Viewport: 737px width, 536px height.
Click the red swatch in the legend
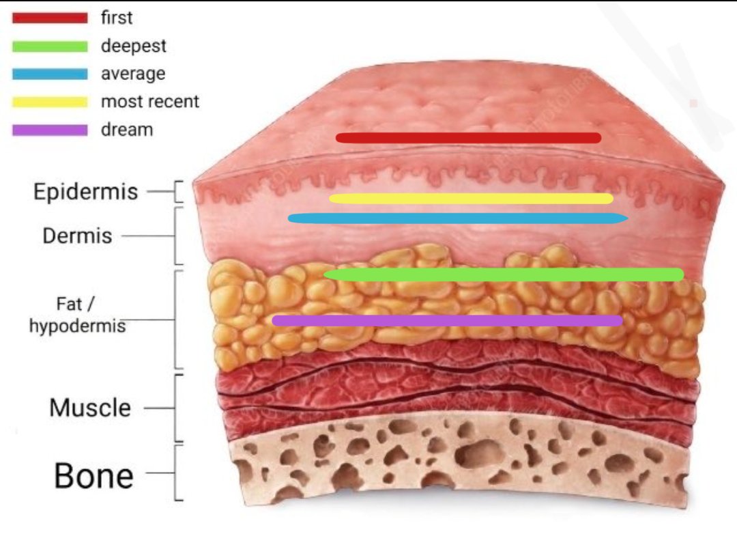[x=50, y=18]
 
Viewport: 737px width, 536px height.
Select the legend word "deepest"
[x=134, y=46]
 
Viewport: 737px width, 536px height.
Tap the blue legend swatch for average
[x=50, y=74]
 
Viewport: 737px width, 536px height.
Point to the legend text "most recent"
[x=150, y=101]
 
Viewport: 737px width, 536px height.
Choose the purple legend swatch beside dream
[x=50, y=130]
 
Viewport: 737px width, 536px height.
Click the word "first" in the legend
[x=117, y=18]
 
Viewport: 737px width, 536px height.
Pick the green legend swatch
[x=50, y=46]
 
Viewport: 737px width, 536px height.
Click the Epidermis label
[x=85, y=192]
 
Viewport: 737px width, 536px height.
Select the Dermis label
[x=78, y=236]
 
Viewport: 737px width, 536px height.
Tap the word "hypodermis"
[x=78, y=326]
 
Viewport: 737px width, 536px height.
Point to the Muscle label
[x=90, y=407]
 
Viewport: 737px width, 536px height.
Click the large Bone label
[x=94, y=476]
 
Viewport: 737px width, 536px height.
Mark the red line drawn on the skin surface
[x=469, y=138]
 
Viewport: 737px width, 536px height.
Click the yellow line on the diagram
[x=471, y=199]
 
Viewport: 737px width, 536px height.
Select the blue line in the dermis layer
[x=458, y=218]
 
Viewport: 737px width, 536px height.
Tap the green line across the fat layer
[x=504, y=274]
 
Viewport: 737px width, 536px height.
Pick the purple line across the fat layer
[x=448, y=321]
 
